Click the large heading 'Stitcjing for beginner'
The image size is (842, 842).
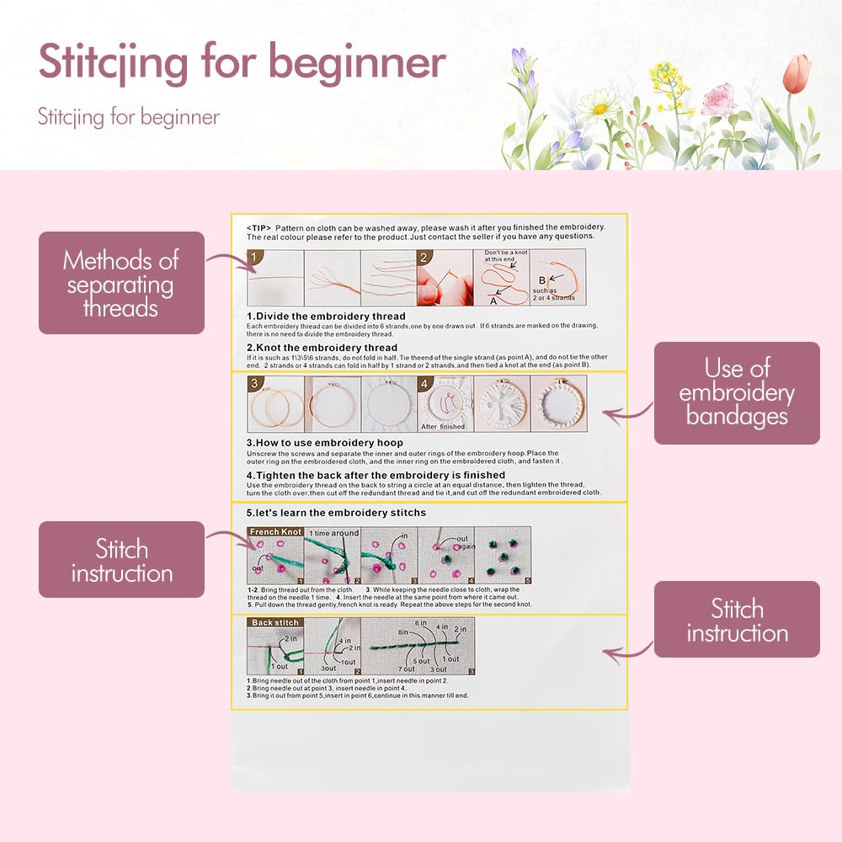pyautogui.click(x=242, y=63)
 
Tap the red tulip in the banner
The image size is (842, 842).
pyautogui.click(x=796, y=74)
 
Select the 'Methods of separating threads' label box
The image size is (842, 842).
pyautogui.click(x=121, y=283)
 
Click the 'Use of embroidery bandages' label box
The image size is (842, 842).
pyautogui.click(x=737, y=392)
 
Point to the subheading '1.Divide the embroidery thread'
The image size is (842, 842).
pyautogui.click(x=326, y=317)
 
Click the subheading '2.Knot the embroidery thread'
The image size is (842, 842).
pyautogui.click(x=322, y=347)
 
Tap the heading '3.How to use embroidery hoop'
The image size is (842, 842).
pyautogui.click(x=324, y=442)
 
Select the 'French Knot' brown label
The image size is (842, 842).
pyautogui.click(x=275, y=532)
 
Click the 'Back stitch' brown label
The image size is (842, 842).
pyautogui.click(x=275, y=622)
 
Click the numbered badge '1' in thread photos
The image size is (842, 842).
pyautogui.click(x=255, y=258)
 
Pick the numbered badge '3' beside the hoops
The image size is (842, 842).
pyautogui.click(x=255, y=383)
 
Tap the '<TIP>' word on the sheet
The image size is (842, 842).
pyautogui.click(x=258, y=227)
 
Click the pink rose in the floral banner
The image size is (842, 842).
pyautogui.click(x=717, y=99)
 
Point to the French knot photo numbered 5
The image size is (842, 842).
pyautogui.click(x=504, y=556)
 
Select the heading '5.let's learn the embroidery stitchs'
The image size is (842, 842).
pyautogui.click(x=336, y=512)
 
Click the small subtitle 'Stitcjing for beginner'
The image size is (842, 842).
pyautogui.click(x=128, y=116)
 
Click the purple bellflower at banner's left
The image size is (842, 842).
pyautogui.click(x=520, y=63)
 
